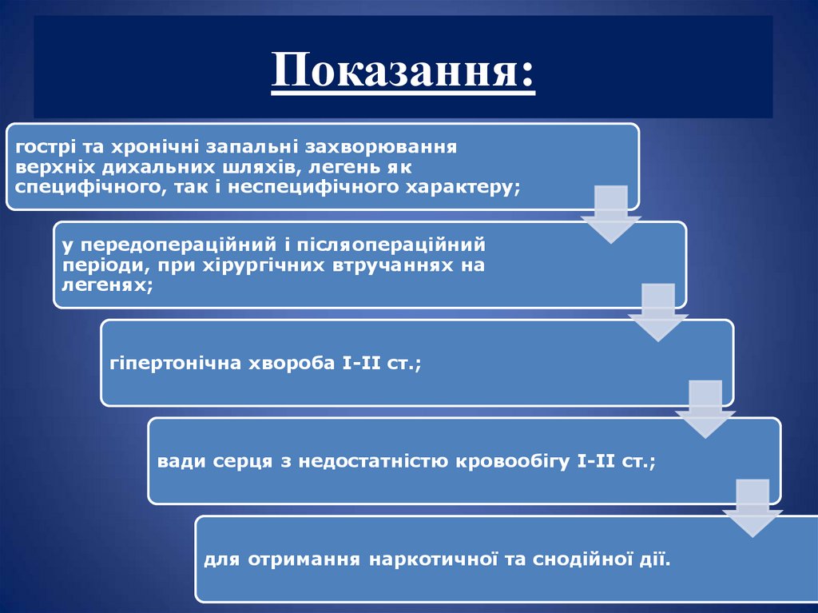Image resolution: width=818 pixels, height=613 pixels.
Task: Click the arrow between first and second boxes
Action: pyautogui.click(x=610, y=213)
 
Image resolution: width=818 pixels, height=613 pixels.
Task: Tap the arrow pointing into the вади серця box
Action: pyautogui.click(x=705, y=408)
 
